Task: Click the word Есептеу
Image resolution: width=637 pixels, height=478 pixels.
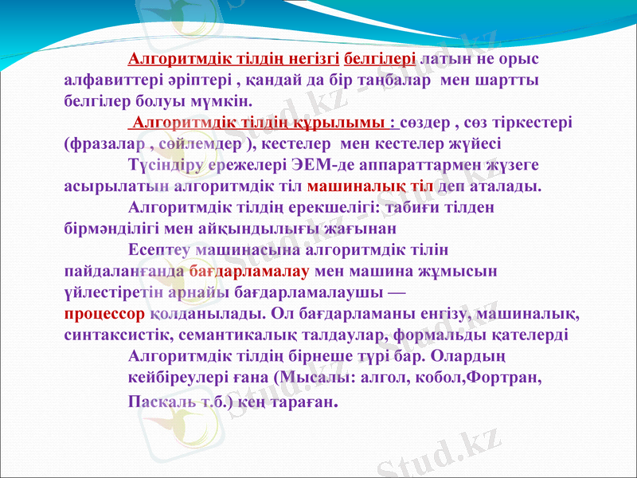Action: tap(160, 249)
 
